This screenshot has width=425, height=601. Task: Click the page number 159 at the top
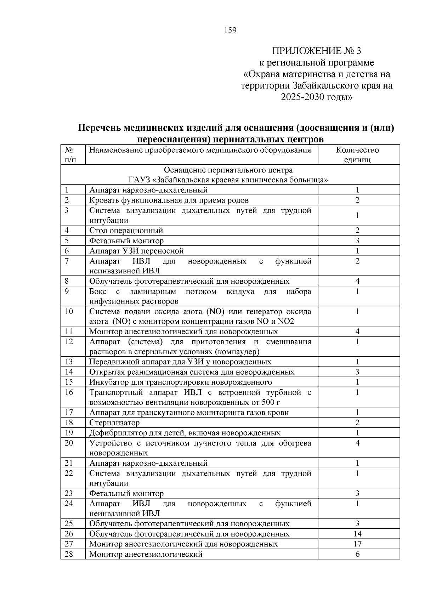pyautogui.click(x=230, y=30)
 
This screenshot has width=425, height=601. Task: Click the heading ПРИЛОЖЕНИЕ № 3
pyautogui.click(x=317, y=51)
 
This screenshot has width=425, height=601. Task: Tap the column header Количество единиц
pyautogui.click(x=357, y=155)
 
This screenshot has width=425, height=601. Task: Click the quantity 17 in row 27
pyautogui.click(x=357, y=544)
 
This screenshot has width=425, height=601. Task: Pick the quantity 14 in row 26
pyautogui.click(x=357, y=534)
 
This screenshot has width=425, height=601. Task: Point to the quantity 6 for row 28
pyautogui.click(x=357, y=554)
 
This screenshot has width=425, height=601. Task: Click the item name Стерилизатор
pyautogui.click(x=114, y=423)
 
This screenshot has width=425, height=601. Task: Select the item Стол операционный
pyautogui.click(x=126, y=231)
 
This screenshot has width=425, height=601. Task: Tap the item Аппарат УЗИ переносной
pyautogui.click(x=136, y=251)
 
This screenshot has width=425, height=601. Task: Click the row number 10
pyautogui.click(x=69, y=312)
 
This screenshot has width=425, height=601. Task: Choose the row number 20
pyautogui.click(x=69, y=443)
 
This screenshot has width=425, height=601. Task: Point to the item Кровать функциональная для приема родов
pyautogui.click(x=169, y=200)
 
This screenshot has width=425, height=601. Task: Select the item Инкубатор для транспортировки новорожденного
pyautogui.click(x=181, y=382)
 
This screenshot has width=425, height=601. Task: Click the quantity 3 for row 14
pyautogui.click(x=357, y=372)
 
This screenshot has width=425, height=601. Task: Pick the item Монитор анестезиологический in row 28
pyautogui.click(x=146, y=554)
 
